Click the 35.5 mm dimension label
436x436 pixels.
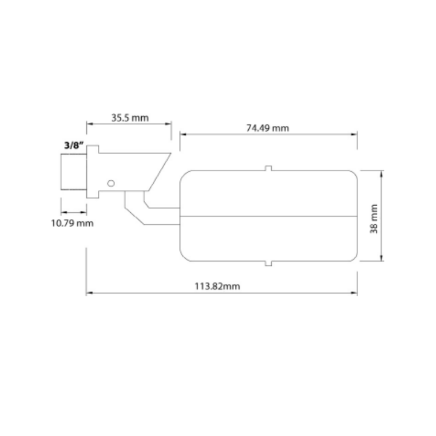coord(130,118)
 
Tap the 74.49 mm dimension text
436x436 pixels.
coord(268,128)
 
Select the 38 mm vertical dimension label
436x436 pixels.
coord(374,218)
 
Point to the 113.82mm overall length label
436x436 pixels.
coord(217,286)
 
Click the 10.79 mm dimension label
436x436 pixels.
coord(72,223)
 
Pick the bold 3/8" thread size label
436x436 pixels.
coord(74,146)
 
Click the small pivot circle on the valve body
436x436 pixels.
coord(111,183)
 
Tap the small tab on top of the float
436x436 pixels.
coord(268,168)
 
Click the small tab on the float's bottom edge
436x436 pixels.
coord(268,264)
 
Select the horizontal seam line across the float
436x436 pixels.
coord(268,216)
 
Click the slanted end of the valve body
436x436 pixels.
coord(160,172)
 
